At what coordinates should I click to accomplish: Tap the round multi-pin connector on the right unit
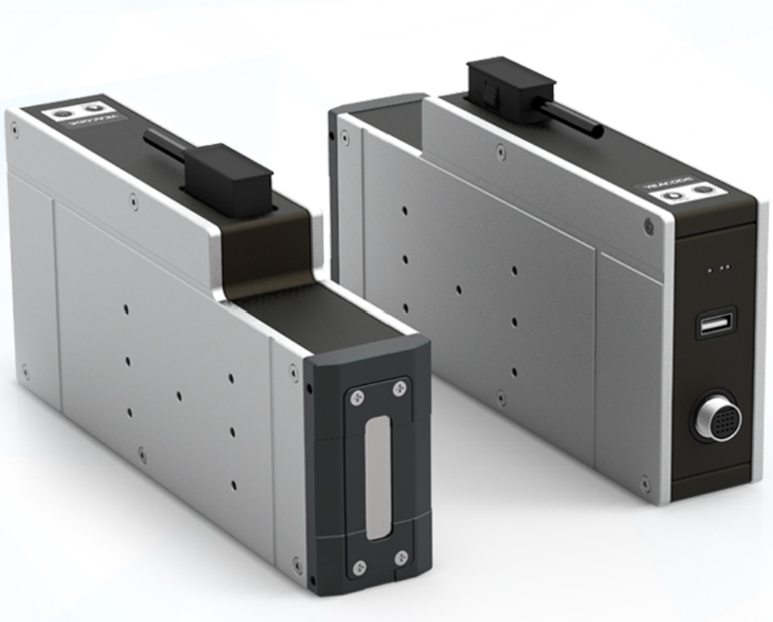(x=714, y=421)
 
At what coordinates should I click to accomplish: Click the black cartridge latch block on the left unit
(x=230, y=179)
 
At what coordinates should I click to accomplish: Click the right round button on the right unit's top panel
(x=706, y=189)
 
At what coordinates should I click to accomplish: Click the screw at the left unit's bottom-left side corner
(x=25, y=371)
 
